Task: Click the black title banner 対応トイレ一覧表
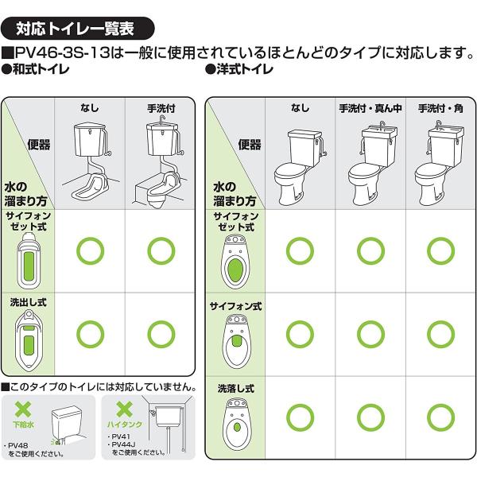[78, 29]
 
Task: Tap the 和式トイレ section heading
[35, 70]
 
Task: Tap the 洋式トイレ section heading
[239, 70]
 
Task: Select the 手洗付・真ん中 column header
[370, 108]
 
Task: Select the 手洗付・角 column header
[440, 108]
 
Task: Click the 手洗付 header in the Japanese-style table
[161, 108]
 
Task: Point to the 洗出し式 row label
[29, 302]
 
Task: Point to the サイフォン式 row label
[236, 306]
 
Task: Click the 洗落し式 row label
[236, 389]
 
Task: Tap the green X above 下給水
[23, 409]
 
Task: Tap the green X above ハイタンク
[125, 409]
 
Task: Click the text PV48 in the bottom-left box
[18, 445]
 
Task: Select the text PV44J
[124, 444]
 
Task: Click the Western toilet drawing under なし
[300, 167]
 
